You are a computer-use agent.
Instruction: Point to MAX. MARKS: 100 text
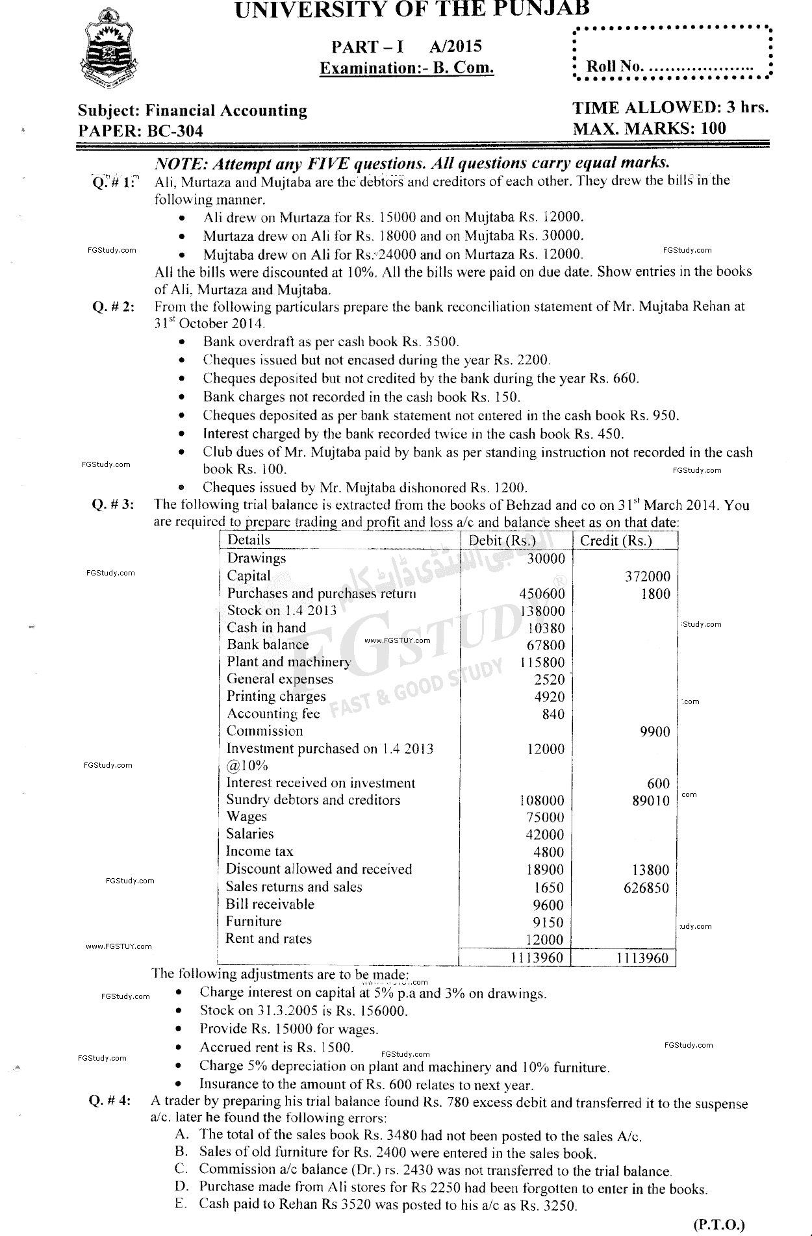point(649,128)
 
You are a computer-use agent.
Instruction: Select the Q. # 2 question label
point(114,307)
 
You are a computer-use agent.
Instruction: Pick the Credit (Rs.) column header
point(615,540)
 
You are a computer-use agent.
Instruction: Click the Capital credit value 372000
point(647,576)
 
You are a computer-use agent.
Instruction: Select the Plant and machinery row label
point(288,662)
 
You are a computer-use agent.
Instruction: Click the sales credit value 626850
point(646,888)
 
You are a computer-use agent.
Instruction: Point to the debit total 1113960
point(537,957)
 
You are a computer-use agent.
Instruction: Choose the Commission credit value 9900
point(654,732)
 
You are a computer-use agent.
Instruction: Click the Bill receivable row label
point(270,904)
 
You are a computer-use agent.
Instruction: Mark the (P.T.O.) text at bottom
point(718,1224)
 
